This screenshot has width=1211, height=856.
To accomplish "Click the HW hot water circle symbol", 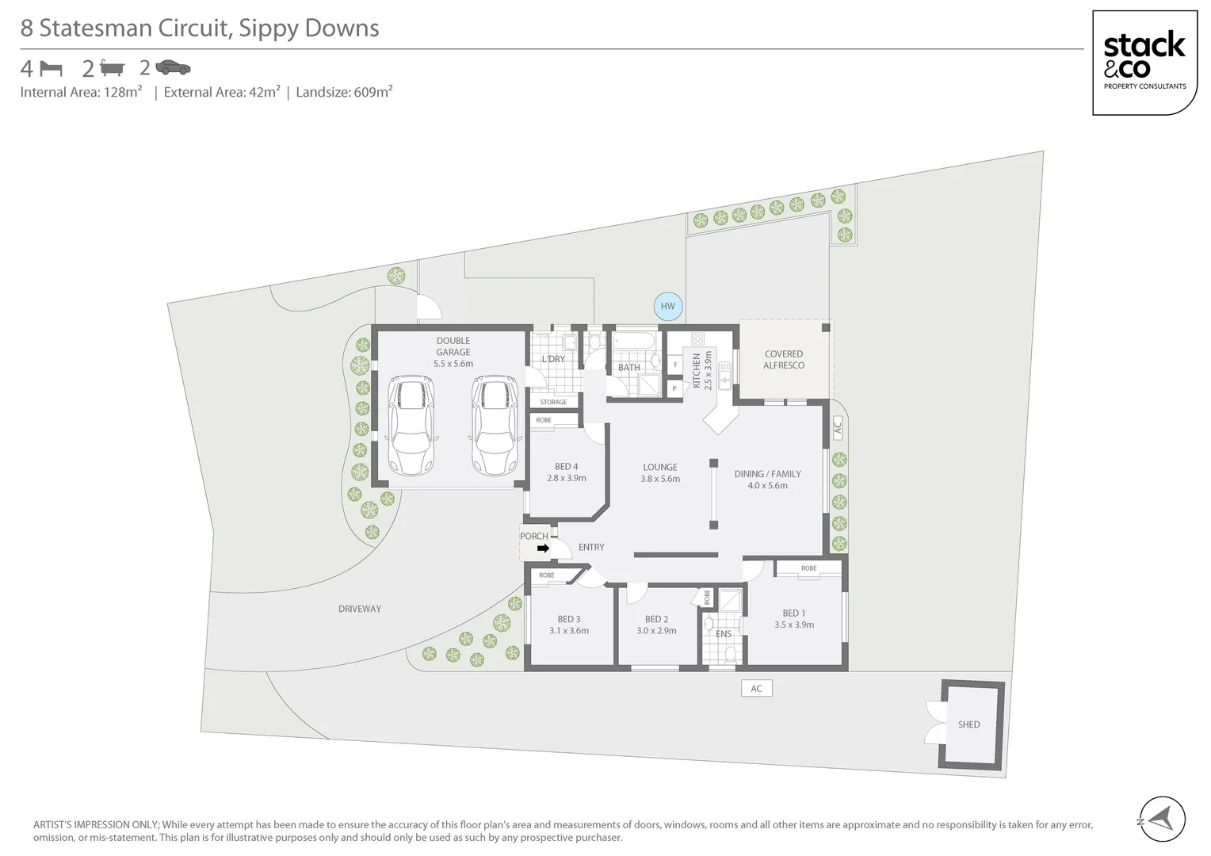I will click(668, 306).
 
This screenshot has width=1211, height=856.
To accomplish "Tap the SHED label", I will click(968, 724).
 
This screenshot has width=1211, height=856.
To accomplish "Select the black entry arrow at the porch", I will click(543, 548).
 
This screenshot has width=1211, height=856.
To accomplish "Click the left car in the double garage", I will click(411, 426).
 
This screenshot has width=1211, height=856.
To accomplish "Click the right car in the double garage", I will click(494, 426).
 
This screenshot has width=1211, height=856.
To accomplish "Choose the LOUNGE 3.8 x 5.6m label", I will click(660, 472).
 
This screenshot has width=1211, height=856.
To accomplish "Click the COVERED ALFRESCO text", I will click(783, 360).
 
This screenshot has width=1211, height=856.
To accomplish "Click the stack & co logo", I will click(1144, 63).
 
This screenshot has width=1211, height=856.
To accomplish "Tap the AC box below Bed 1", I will click(756, 688).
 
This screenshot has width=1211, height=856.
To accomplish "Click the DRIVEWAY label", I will click(359, 609).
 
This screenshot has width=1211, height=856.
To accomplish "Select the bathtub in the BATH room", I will click(635, 342).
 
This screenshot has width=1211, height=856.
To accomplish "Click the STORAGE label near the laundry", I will click(553, 402).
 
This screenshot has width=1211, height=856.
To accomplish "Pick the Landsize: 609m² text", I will click(344, 92).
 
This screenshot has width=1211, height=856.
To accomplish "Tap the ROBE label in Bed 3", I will click(547, 575).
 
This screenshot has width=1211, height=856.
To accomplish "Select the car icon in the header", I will click(173, 67).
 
